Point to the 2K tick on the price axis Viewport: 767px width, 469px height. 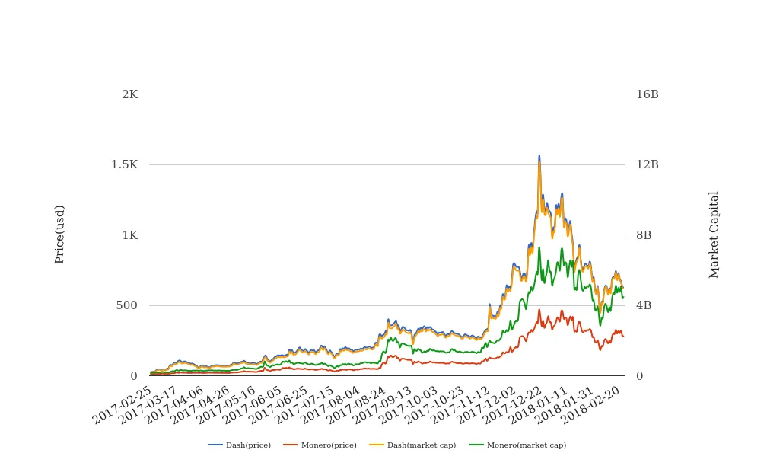[x=129, y=94]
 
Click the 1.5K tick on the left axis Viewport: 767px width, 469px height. [x=124, y=164]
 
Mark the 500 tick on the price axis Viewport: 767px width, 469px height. [x=127, y=305]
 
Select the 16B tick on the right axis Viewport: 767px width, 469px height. [x=647, y=94]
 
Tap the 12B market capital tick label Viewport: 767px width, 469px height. [x=647, y=164]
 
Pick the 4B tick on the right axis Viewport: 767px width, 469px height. [x=644, y=305]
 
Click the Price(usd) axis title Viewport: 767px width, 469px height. [x=60, y=234]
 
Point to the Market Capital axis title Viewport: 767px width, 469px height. [x=714, y=234]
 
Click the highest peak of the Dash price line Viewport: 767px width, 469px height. [x=539, y=155]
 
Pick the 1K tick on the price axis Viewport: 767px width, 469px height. [x=129, y=235]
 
